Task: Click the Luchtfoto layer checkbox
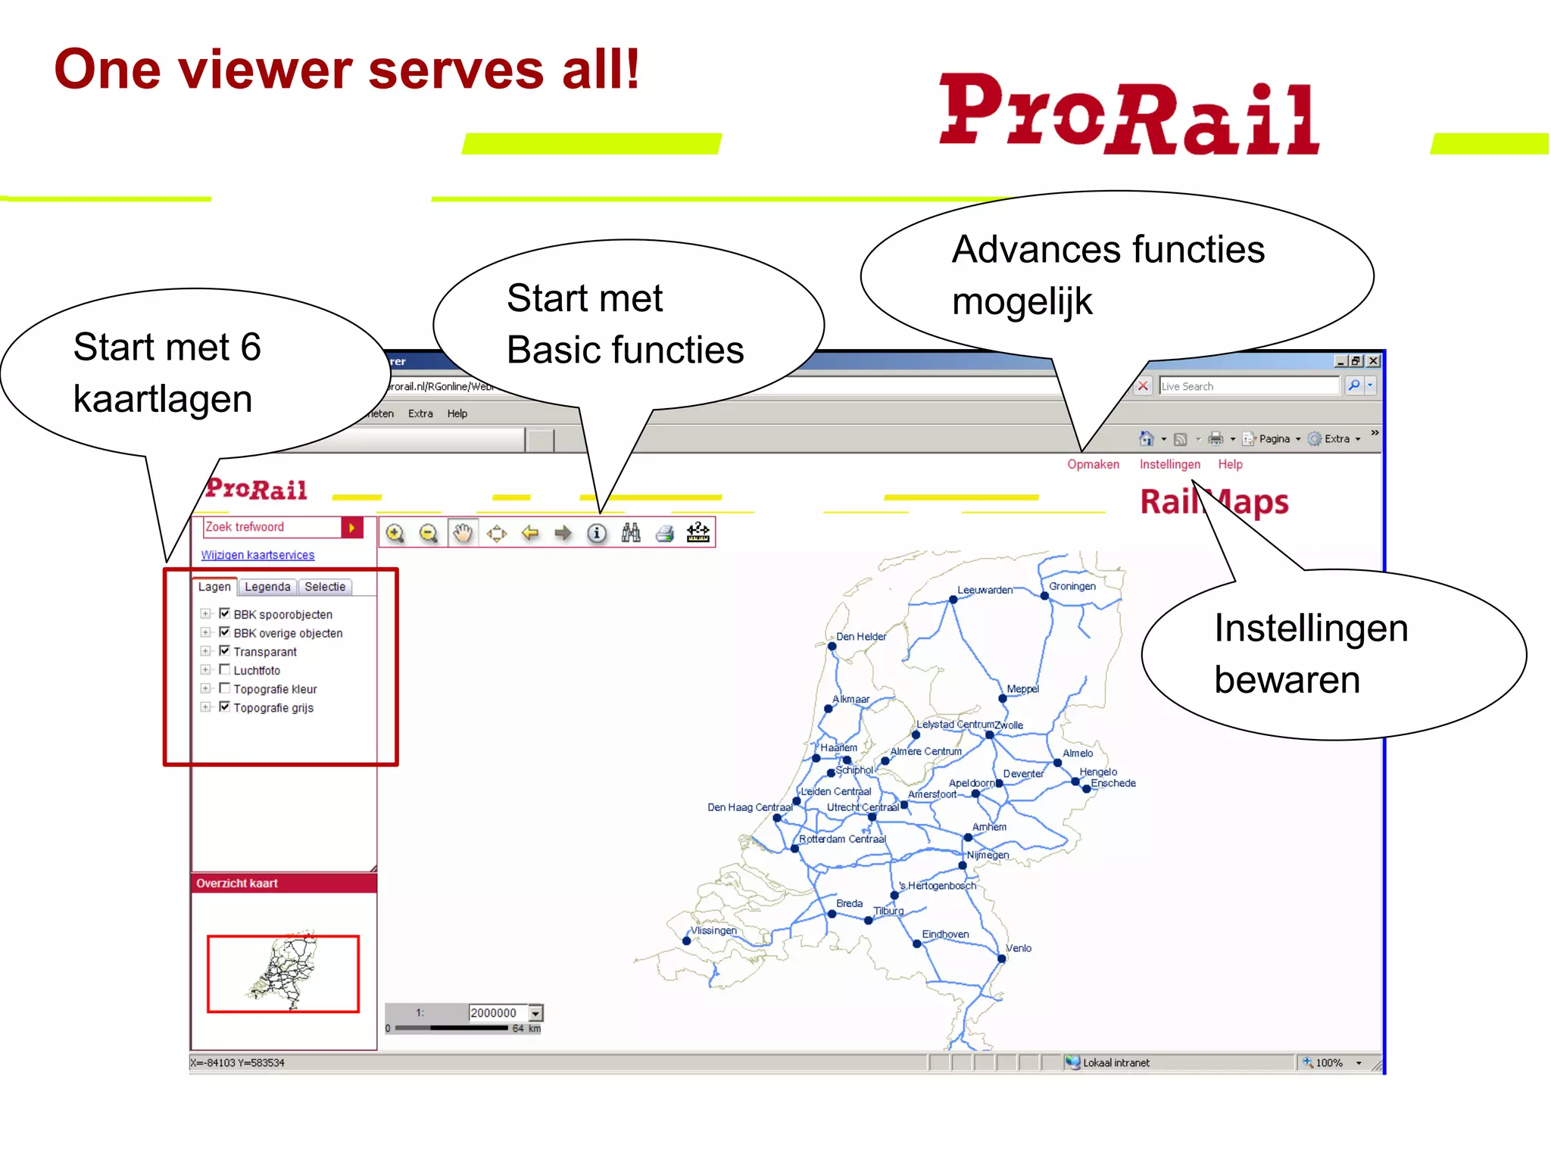pos(224,669)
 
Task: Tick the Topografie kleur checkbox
pos(224,688)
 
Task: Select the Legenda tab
pos(267,587)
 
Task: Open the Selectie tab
pos(325,587)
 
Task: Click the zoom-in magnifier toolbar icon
pos(395,533)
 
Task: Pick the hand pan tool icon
pos(463,533)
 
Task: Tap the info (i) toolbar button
pos(597,533)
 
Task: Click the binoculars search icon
pos(631,533)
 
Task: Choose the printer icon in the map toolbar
pos(665,533)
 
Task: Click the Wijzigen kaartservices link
pos(257,555)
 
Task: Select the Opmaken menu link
pos(1093,464)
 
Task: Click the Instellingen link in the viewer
pos(1169,464)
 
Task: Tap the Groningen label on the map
pos(1072,586)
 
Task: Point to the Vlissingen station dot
pos(687,941)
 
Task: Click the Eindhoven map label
pos(945,934)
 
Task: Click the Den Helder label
pos(861,637)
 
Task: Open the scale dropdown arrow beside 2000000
pos(536,1013)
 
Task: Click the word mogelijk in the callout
pos(1022,302)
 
